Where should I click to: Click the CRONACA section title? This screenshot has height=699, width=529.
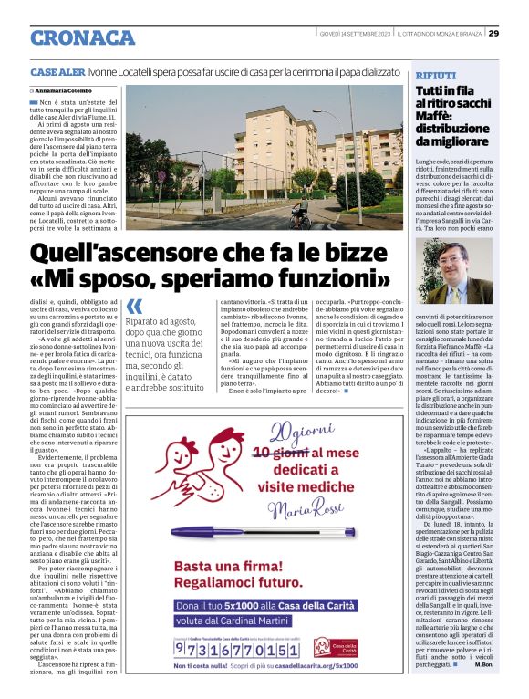pyautogui.click(x=82, y=37)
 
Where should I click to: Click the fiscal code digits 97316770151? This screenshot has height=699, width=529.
pyautogui.click(x=238, y=649)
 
